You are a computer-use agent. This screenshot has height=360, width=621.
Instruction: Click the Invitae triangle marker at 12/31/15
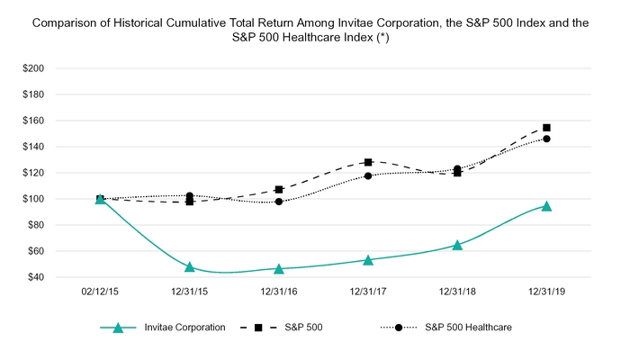[x=190, y=266]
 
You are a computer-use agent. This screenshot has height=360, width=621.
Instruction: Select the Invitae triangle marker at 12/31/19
[x=546, y=206]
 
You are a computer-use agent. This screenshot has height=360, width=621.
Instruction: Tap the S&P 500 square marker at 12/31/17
[x=368, y=162]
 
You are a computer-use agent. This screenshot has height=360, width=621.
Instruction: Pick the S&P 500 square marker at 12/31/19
[x=546, y=128]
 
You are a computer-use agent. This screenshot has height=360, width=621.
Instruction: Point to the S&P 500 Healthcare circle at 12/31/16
[x=279, y=202]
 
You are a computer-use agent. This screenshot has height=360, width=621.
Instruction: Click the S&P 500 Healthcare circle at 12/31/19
[x=546, y=139]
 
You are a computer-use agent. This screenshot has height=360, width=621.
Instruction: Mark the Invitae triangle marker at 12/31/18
[x=457, y=245]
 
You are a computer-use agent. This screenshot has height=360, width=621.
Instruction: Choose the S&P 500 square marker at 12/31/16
[x=279, y=190]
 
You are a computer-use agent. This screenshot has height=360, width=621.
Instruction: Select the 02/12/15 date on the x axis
[x=100, y=293]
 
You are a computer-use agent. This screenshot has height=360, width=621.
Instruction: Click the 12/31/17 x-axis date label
[x=368, y=293]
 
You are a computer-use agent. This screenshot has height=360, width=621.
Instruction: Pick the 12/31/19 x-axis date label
[x=546, y=293]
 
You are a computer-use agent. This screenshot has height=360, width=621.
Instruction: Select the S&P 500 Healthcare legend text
[x=467, y=328]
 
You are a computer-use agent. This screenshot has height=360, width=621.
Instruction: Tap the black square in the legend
[x=258, y=328]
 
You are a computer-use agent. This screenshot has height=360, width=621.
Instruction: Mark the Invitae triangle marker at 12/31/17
[x=368, y=260]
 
